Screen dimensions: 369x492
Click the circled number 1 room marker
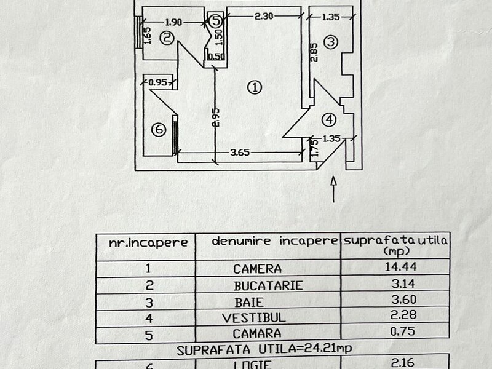point(256,87)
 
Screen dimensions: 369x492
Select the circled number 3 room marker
point(331,42)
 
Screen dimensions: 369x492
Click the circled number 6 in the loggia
point(158,130)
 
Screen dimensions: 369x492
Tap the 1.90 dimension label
point(175,22)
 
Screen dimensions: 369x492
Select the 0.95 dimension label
point(158,81)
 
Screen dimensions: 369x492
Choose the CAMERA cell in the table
point(257,269)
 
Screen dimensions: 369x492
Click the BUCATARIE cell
point(260,286)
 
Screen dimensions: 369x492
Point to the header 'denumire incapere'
point(275,241)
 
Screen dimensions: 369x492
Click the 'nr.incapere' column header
point(148,242)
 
